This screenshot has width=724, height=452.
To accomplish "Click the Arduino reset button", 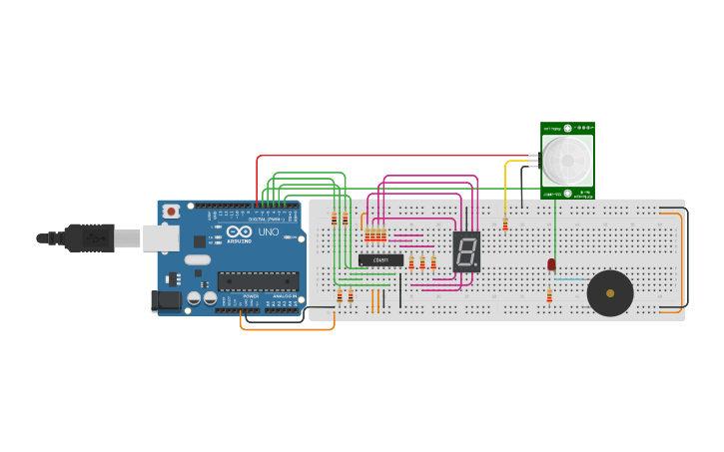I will (x=172, y=211).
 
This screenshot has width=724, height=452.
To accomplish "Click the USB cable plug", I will (x=90, y=237).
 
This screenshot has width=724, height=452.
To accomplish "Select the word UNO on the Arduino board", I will (x=269, y=232).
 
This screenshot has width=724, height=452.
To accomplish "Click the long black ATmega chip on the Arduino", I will (x=258, y=281).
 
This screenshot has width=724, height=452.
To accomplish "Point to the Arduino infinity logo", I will (x=239, y=231).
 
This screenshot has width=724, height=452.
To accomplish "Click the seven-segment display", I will (x=466, y=251).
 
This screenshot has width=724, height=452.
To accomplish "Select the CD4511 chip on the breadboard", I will (x=380, y=259).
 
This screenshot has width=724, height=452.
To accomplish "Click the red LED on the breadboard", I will (x=551, y=263).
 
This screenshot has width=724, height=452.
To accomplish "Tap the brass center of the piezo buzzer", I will (x=609, y=293).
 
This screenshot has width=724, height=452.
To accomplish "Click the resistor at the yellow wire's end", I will (x=505, y=225).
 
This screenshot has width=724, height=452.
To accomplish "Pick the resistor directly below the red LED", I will (x=549, y=295).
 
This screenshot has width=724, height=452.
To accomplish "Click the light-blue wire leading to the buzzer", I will (x=571, y=279).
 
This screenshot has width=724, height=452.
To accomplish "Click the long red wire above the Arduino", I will (x=399, y=156).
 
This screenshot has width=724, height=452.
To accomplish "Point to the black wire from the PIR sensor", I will (x=521, y=185).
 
